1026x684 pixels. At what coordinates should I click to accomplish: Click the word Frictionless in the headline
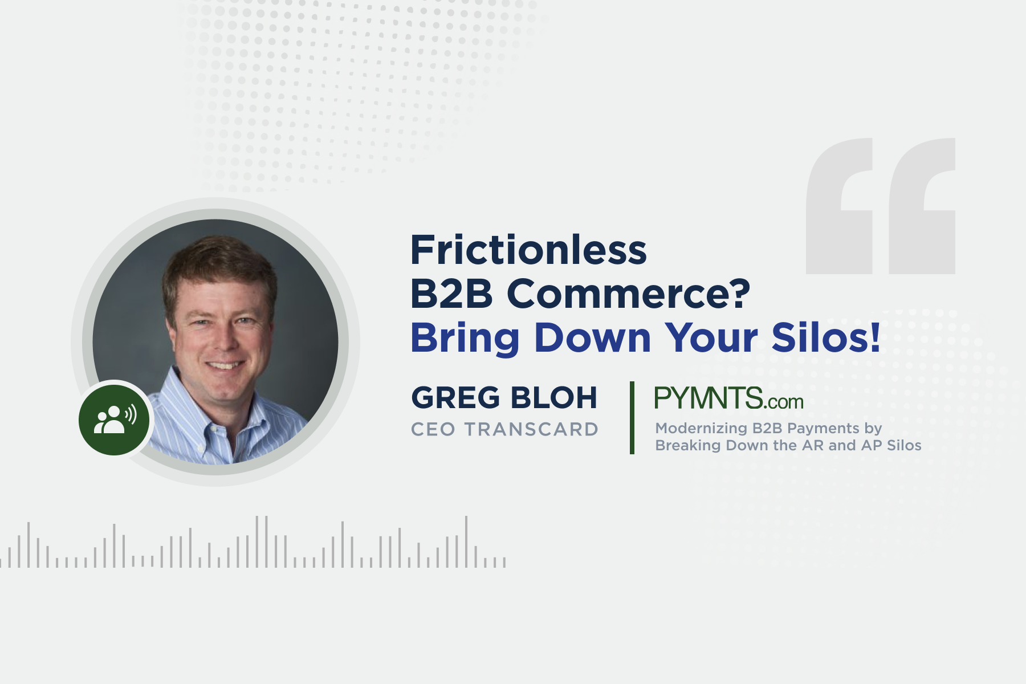pos(528,250)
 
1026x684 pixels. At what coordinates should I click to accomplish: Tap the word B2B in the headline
pos(451,294)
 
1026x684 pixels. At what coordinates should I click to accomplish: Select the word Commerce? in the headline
pos(628,294)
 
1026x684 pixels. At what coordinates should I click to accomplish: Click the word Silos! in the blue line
pos(826,337)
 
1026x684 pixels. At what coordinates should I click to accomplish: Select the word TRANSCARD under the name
pos(531,429)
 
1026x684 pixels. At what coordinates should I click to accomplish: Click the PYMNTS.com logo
pos(728,398)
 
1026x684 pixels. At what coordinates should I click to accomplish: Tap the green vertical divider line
pos(632,418)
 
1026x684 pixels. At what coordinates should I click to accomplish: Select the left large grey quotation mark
pos(839,206)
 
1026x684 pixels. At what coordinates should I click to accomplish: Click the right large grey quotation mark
pos(922,206)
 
